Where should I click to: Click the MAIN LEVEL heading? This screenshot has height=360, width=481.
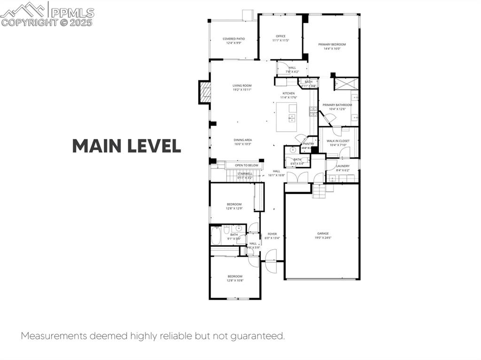pyautogui.click(x=126, y=146)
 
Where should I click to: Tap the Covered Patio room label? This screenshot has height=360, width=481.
pyautogui.click(x=233, y=41)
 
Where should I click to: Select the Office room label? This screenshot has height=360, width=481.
pyautogui.click(x=280, y=38)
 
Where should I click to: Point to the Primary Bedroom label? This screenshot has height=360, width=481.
pyautogui.click(x=332, y=46)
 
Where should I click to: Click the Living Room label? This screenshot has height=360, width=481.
pyautogui.click(x=242, y=87)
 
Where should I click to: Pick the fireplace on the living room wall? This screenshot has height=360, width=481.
pyautogui.click(x=204, y=92)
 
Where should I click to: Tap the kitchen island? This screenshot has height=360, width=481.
pyautogui.click(x=286, y=117)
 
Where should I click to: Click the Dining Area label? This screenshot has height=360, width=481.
pyautogui.click(x=243, y=142)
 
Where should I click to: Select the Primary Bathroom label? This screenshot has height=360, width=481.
pyautogui.click(x=337, y=107)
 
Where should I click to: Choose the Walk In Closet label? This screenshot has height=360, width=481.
pyautogui.click(x=338, y=142)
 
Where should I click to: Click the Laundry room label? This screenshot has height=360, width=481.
pyautogui.click(x=342, y=168)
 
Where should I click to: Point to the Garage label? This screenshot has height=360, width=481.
pyautogui.click(x=323, y=235)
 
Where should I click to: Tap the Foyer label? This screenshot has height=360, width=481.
pyautogui.click(x=272, y=236)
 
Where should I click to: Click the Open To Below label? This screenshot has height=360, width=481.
pyautogui.click(x=247, y=165)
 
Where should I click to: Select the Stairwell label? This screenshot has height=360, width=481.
pyautogui.click(x=245, y=175)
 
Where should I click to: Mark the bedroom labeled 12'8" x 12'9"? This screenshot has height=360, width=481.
pyautogui.click(x=234, y=206)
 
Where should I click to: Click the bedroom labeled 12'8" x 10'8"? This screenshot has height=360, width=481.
pyautogui.click(x=235, y=278)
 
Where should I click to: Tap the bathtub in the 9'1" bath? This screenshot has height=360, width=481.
pyautogui.click(x=216, y=236)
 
